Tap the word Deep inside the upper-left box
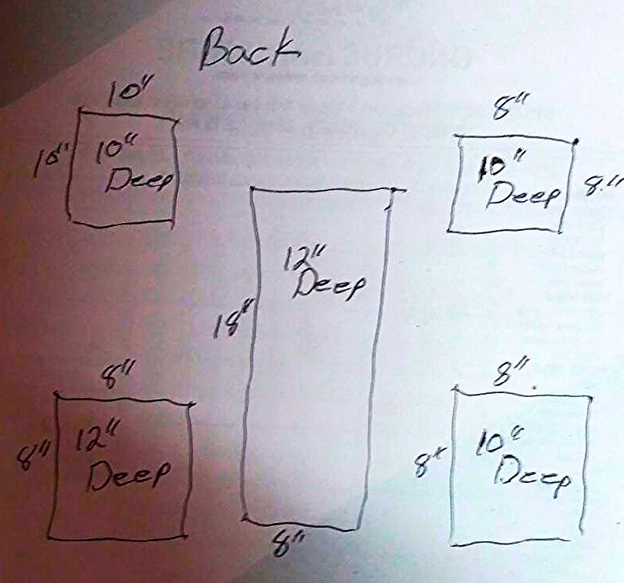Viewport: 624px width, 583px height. coord(138,180)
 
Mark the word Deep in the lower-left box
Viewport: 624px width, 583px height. coord(128,474)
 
